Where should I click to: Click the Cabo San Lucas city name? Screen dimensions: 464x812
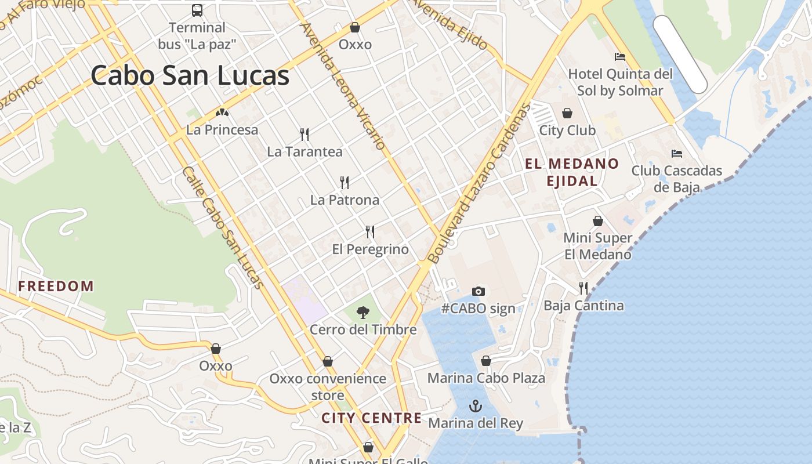pyautogui.click(x=190, y=75)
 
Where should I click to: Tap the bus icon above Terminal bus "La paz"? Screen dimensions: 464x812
pyautogui.click(x=197, y=10)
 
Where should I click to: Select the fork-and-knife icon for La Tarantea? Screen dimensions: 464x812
pyautogui.click(x=304, y=135)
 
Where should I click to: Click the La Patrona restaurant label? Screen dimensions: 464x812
pyautogui.click(x=345, y=200)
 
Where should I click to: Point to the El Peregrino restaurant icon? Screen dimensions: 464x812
pyautogui.click(x=370, y=232)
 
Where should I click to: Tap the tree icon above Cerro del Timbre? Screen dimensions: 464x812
pyautogui.click(x=363, y=313)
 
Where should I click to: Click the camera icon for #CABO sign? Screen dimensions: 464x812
pyautogui.click(x=478, y=291)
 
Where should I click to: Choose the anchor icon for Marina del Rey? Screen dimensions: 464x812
pyautogui.click(x=476, y=405)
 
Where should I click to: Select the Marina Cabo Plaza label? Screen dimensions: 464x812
pyautogui.click(x=486, y=378)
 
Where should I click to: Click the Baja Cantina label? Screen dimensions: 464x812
pyautogui.click(x=583, y=306)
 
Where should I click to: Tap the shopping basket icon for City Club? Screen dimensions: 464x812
pyautogui.click(x=567, y=113)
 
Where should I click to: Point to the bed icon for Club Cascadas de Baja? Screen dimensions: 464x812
pyautogui.click(x=677, y=154)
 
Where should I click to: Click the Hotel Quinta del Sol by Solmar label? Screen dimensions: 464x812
pyautogui.click(x=620, y=82)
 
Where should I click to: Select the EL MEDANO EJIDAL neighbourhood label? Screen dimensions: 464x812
pyautogui.click(x=572, y=172)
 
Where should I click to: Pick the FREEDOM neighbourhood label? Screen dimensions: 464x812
pyautogui.click(x=56, y=286)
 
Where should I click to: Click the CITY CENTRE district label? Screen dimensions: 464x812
pyautogui.click(x=372, y=418)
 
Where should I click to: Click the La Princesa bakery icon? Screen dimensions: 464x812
pyautogui.click(x=222, y=113)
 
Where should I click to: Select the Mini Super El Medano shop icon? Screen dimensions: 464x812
pyautogui.click(x=598, y=221)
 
